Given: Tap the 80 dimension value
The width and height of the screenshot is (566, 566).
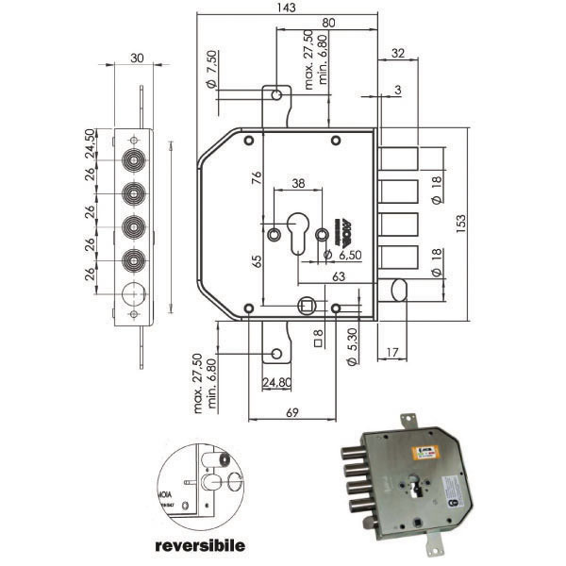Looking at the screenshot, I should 327,23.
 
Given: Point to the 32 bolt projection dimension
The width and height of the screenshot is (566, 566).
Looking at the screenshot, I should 397,54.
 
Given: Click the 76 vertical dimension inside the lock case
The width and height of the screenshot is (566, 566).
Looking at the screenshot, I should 256,181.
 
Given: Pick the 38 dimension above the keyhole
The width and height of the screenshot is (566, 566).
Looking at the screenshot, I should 298,185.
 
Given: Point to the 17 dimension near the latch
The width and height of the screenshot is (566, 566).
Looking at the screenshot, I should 392,352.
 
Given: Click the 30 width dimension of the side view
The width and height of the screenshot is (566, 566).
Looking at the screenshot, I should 138,58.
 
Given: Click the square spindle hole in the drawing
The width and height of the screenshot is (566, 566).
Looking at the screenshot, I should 306,305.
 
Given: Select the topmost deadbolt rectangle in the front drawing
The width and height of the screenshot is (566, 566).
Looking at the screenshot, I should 400,158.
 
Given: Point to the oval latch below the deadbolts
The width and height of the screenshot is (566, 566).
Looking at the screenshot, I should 400,290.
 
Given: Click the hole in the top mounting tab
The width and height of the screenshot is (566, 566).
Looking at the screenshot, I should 275,95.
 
